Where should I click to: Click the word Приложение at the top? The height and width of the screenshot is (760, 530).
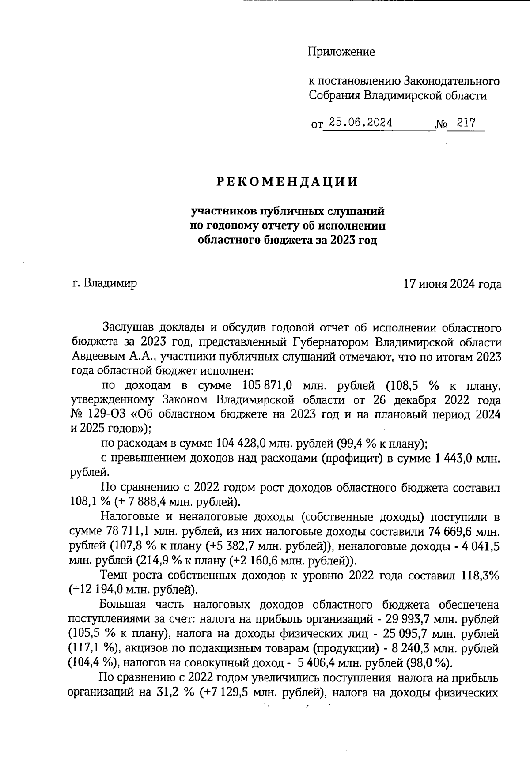pyautogui.click(x=341, y=52)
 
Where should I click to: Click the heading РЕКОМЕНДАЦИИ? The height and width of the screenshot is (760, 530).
pyautogui.click(x=287, y=182)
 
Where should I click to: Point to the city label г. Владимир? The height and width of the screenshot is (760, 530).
pyautogui.click(x=104, y=282)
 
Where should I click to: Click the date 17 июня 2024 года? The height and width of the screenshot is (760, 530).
pyautogui.click(x=453, y=284)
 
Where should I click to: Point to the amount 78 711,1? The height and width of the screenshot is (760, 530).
pyautogui.click(x=128, y=530)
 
